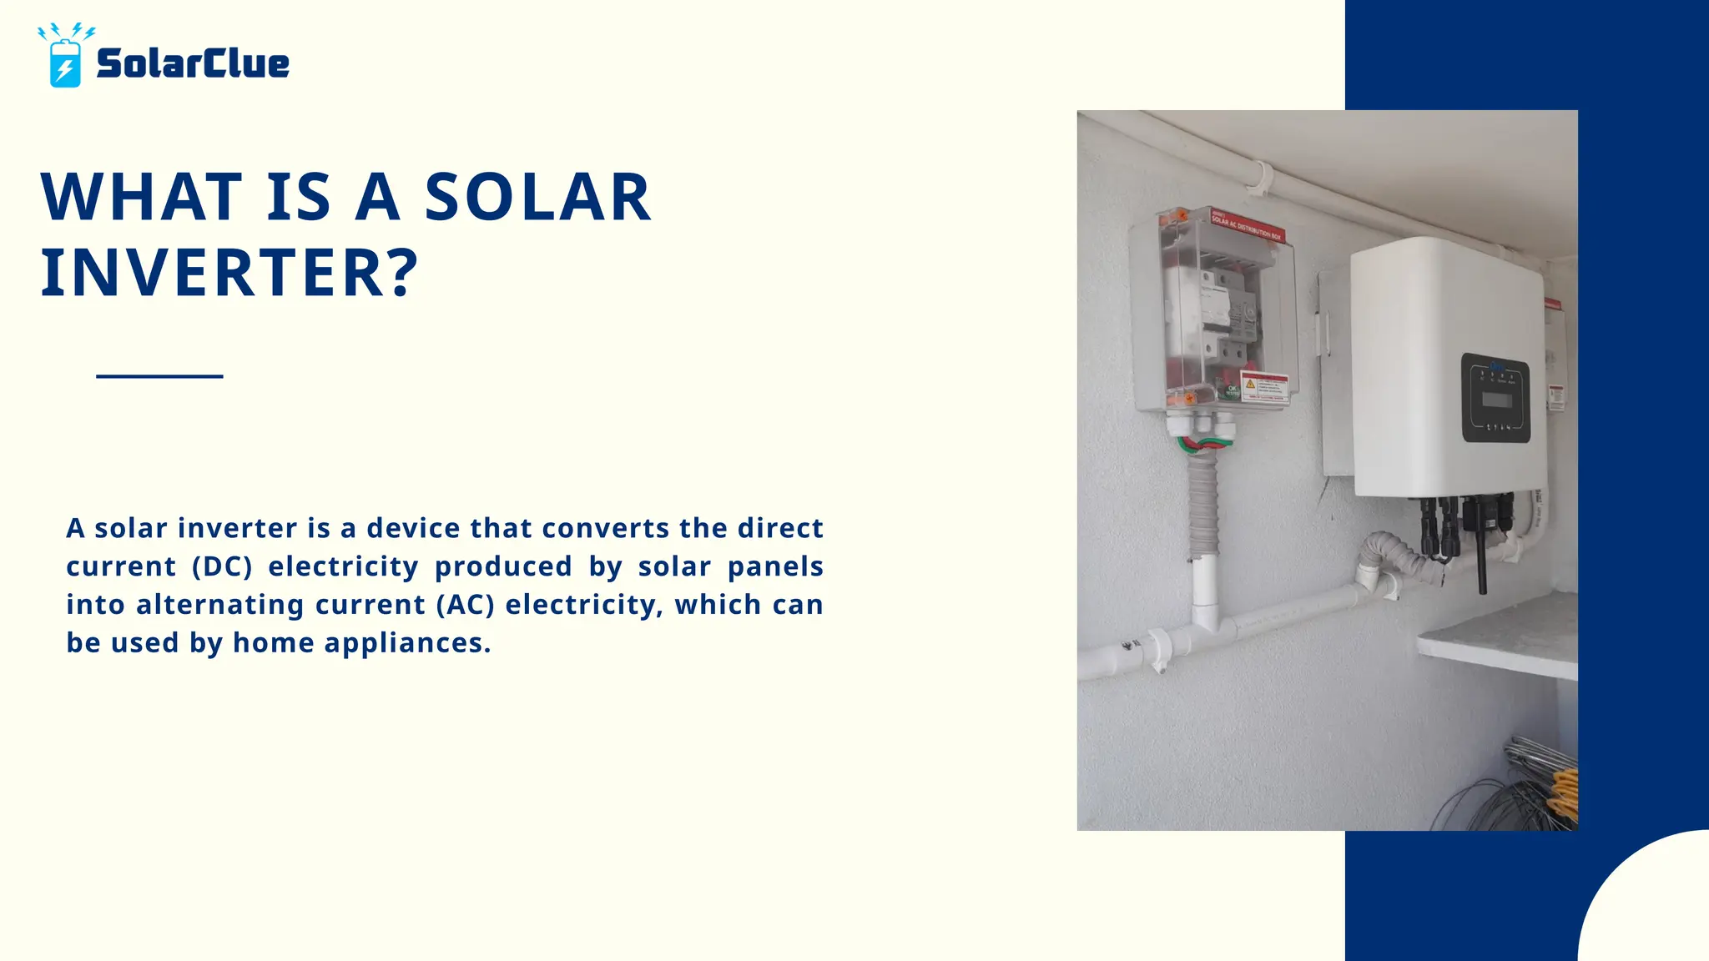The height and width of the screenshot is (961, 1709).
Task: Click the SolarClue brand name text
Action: [193, 63]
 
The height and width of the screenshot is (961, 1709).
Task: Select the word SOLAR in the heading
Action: [537, 198]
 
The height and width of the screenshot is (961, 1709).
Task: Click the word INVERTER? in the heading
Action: [229, 273]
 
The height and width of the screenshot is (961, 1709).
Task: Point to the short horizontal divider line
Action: [159, 376]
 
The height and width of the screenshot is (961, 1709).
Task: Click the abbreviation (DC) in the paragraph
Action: [222, 566]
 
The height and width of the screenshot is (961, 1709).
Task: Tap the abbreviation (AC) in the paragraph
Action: [466, 604]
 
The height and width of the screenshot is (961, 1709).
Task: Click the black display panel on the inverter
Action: [1495, 398]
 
